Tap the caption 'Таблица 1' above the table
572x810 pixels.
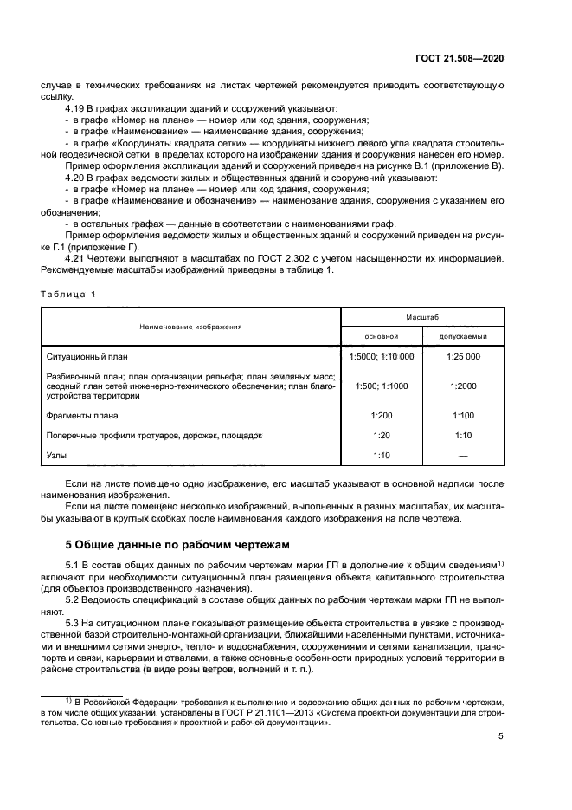(x=68, y=294)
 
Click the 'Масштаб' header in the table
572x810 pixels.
(x=422, y=318)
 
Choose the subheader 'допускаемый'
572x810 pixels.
(x=464, y=336)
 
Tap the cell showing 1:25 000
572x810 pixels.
(x=464, y=356)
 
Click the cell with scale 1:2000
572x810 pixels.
(x=464, y=386)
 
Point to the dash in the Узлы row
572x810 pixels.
(x=464, y=455)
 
